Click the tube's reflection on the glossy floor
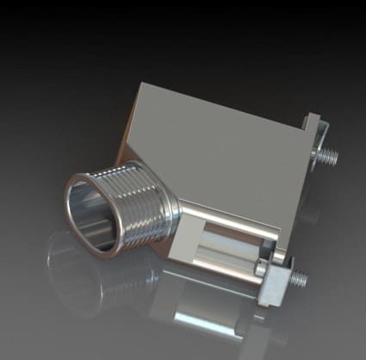tap(95, 276)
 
